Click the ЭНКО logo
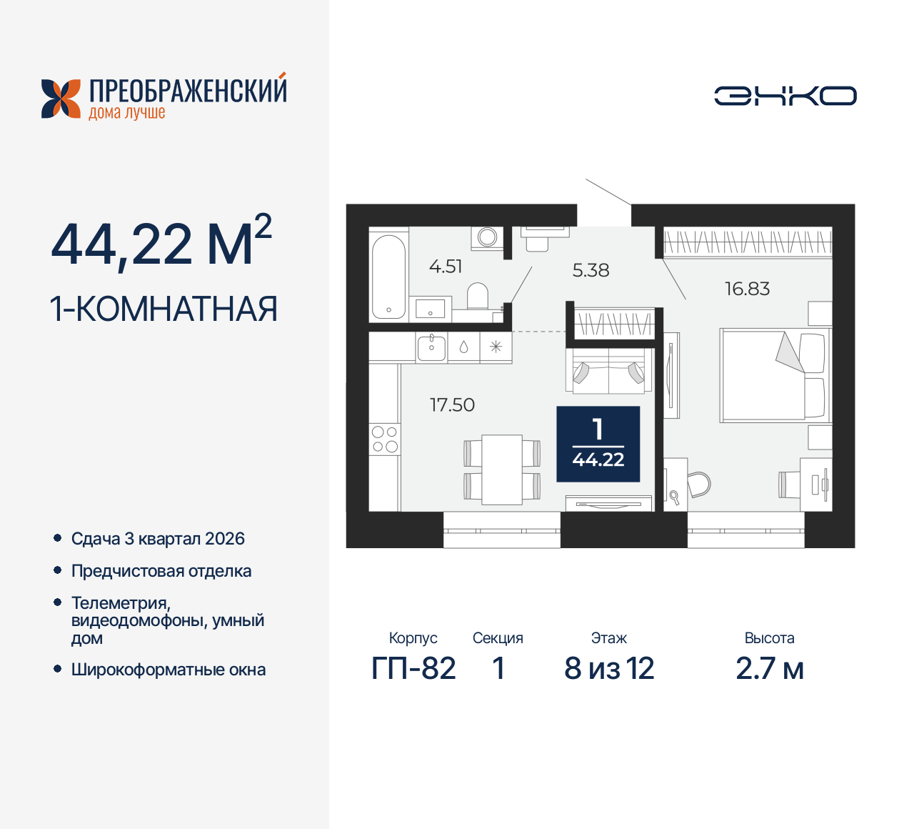[x=785, y=96]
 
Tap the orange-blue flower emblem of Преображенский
[x=61, y=99]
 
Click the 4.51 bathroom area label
[x=446, y=267]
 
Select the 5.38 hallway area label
[x=591, y=270]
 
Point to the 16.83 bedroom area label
[x=747, y=289]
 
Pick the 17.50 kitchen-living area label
[x=452, y=405]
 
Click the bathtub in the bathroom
[x=388, y=276]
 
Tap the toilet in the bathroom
[x=477, y=297]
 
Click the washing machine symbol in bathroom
[x=488, y=237]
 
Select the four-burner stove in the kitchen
[x=384, y=440]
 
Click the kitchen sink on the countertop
[x=431, y=347]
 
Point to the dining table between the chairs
[x=502, y=470]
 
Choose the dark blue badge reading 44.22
[x=598, y=445]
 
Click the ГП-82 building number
[x=413, y=669]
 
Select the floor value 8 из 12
[x=609, y=669]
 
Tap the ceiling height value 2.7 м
[x=769, y=669]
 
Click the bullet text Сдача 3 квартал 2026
[x=158, y=539]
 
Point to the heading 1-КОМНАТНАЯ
[x=164, y=309]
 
